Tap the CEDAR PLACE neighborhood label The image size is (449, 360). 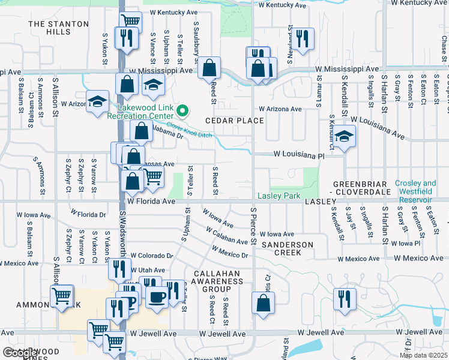[x=235, y=121]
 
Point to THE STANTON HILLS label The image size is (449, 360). [x=58, y=28]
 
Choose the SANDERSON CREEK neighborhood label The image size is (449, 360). [x=287, y=249]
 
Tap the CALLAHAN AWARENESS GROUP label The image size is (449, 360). [x=217, y=281]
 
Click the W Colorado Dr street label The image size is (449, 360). [x=151, y=255]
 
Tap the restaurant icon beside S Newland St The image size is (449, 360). [x=302, y=38]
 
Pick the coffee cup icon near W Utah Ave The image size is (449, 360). [x=157, y=296]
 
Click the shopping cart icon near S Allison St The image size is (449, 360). [x=62, y=295]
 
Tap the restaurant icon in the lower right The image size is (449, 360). [x=345, y=298]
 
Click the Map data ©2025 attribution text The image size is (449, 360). [x=423, y=355]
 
